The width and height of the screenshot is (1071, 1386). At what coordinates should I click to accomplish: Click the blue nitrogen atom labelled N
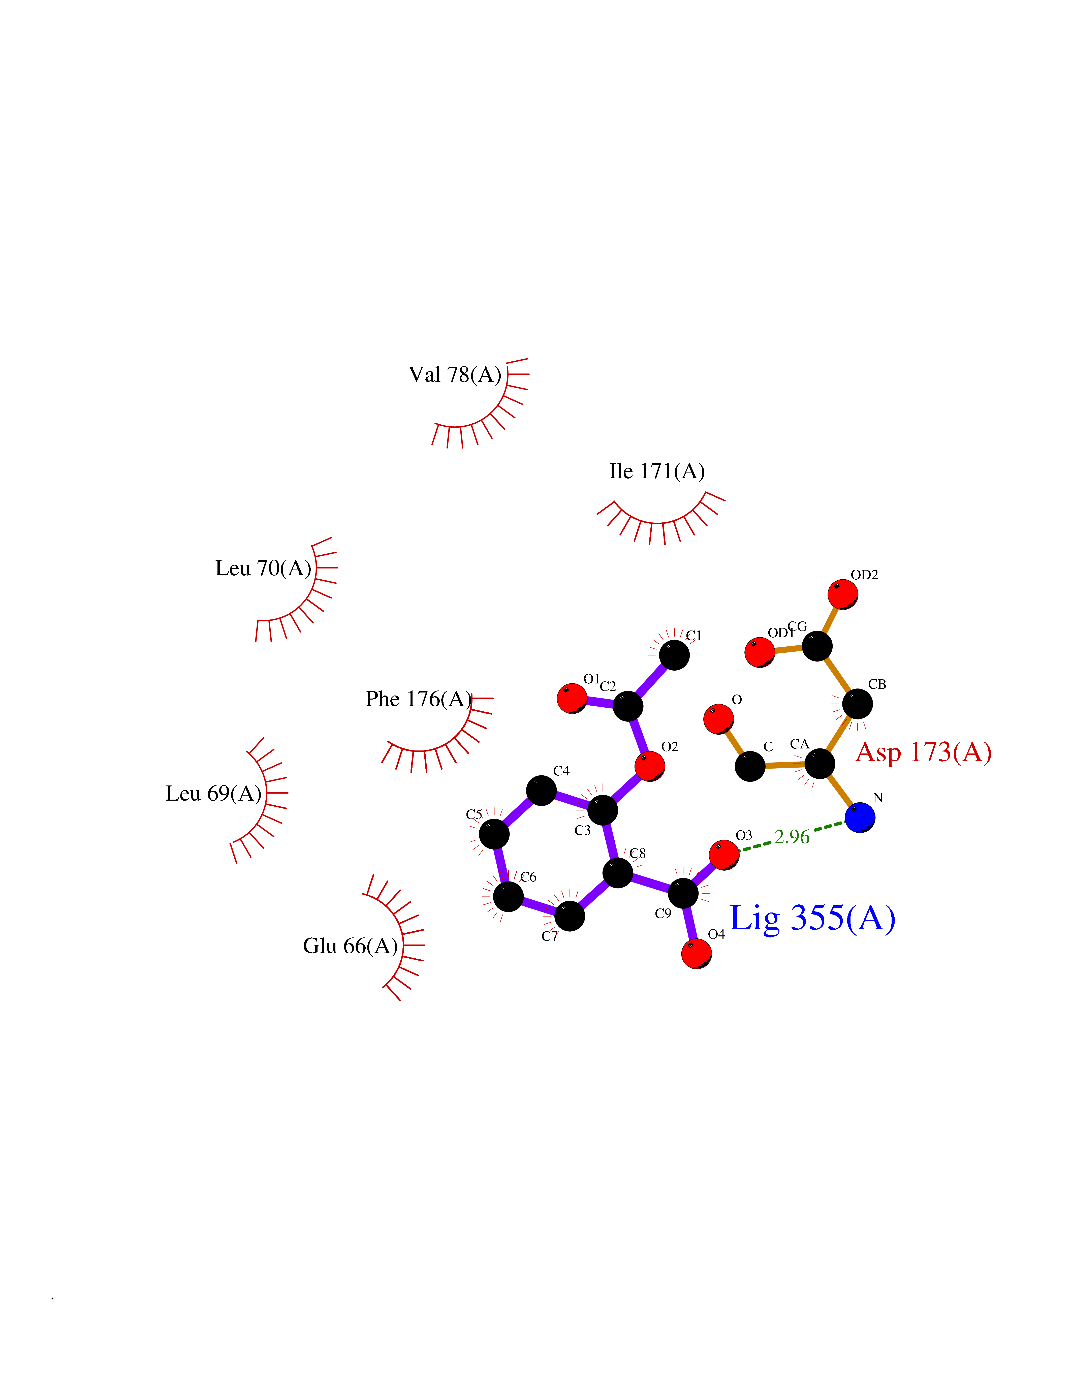coord(860,817)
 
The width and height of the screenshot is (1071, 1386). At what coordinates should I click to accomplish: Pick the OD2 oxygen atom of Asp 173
coord(843,594)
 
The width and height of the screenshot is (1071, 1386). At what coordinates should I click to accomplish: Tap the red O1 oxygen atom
coord(572,698)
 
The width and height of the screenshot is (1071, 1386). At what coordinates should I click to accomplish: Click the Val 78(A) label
coord(455,374)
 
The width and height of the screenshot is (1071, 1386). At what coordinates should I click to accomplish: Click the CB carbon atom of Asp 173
coord(857,704)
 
